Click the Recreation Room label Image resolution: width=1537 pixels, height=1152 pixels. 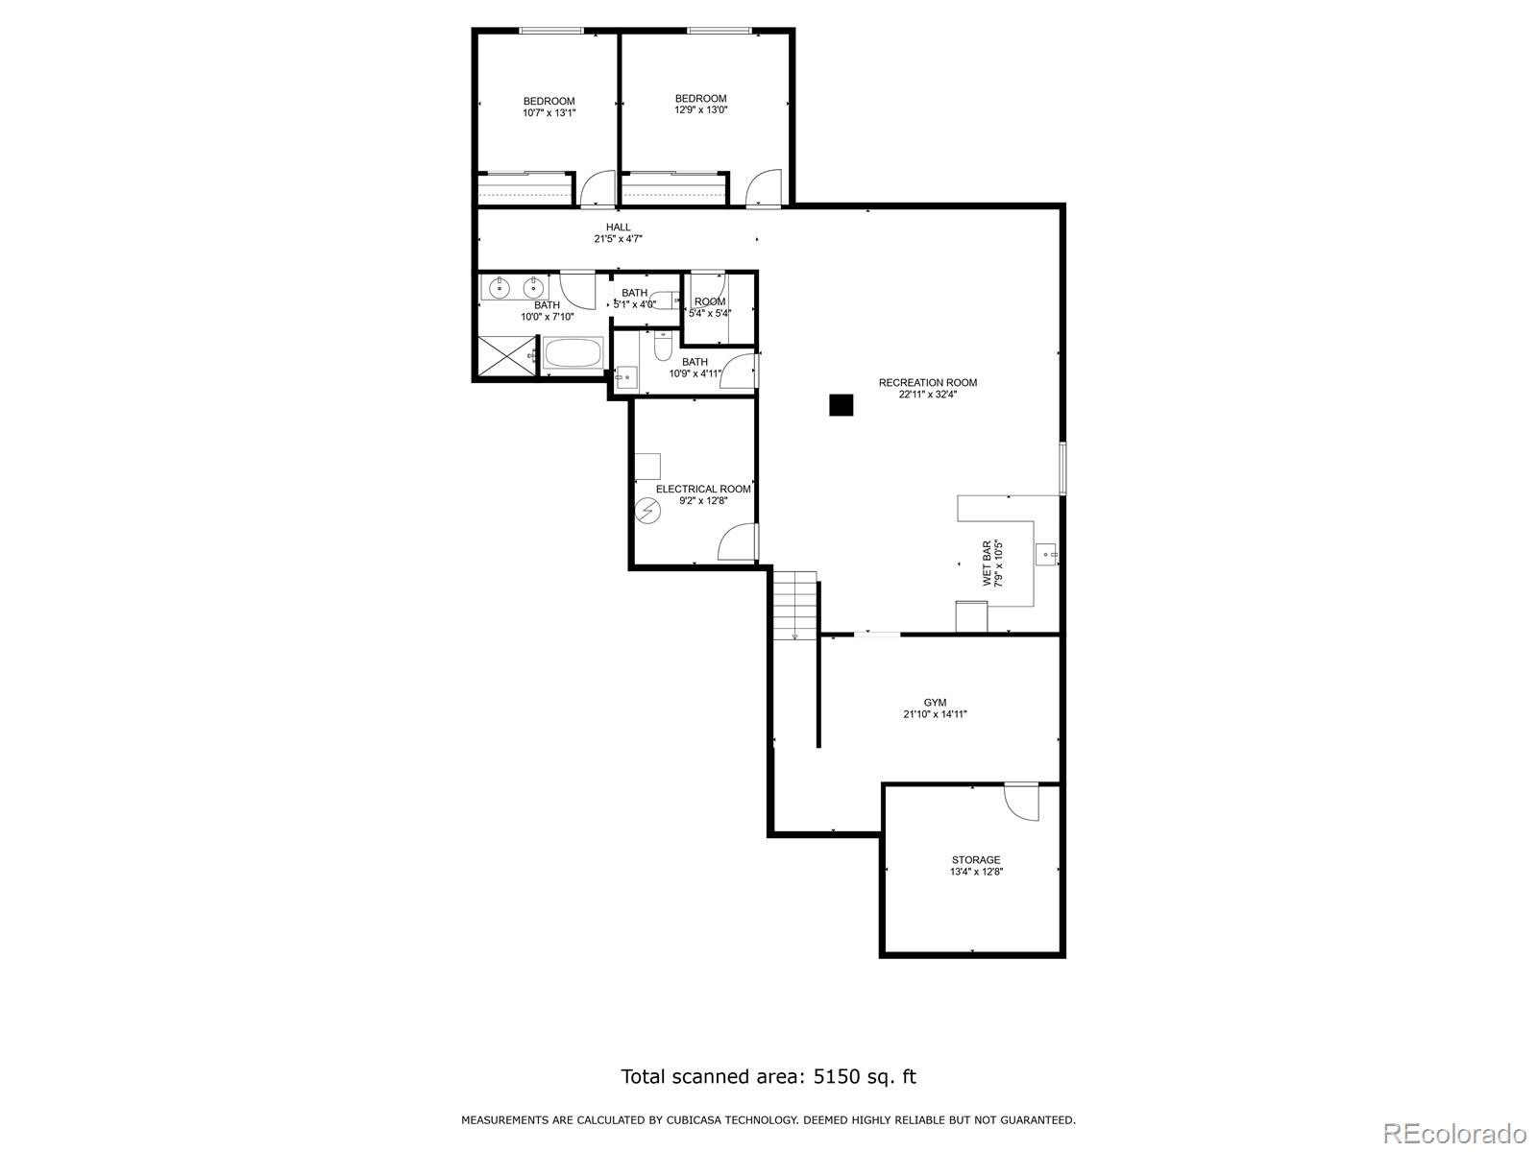click(927, 383)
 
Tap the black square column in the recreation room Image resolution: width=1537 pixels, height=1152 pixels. click(841, 406)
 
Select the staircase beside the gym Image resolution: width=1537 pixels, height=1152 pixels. click(796, 605)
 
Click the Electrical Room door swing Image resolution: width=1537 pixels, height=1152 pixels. click(738, 541)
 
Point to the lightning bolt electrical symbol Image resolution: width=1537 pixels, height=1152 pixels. click(647, 512)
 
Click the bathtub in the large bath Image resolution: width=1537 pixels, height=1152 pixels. click(573, 353)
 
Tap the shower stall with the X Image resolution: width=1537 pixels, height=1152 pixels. click(504, 355)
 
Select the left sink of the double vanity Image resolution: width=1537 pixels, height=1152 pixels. click(500, 286)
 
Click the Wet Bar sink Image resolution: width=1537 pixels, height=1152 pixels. click(1046, 553)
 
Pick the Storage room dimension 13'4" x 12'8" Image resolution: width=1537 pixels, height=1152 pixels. click(976, 872)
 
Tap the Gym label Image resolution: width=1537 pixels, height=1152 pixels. click(935, 703)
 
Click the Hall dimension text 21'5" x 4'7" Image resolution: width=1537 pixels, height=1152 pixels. click(618, 239)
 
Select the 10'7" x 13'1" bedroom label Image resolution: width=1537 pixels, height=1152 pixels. click(549, 107)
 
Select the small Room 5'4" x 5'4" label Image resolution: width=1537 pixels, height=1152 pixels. click(710, 307)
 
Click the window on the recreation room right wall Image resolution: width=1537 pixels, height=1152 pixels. click(1062, 468)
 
